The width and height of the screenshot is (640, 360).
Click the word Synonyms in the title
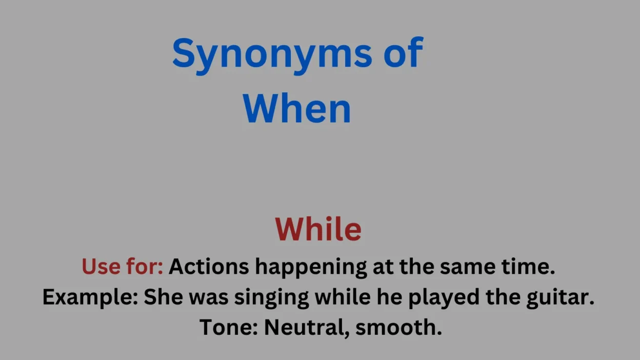(272, 55)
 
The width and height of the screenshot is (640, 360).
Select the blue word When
(296, 109)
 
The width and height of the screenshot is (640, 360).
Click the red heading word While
(318, 229)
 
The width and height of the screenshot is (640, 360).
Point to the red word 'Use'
(101, 266)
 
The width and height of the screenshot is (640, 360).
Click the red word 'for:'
(145, 266)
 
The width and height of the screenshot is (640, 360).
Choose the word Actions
(209, 266)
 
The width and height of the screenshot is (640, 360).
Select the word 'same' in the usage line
(467, 267)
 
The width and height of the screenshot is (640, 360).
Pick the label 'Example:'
(90, 297)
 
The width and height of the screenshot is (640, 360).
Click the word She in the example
(163, 297)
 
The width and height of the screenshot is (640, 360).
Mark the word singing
(271, 298)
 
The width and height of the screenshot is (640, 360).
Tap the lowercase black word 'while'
(343, 296)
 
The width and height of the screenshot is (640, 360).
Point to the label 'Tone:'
(229, 327)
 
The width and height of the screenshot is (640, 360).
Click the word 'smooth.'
(398, 327)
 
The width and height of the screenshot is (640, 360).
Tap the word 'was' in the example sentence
(209, 298)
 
